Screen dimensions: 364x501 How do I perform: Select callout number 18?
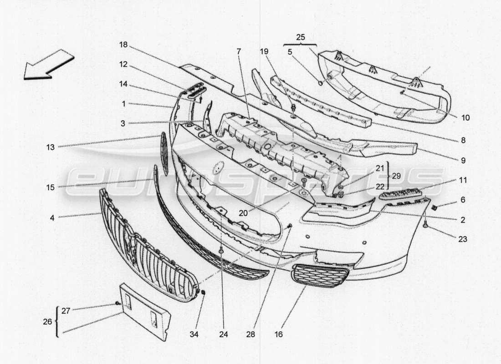(123, 45)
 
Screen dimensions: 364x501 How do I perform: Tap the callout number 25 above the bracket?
(300, 37)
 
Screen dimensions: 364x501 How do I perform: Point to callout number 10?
(465, 117)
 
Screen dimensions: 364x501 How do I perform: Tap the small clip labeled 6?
(434, 208)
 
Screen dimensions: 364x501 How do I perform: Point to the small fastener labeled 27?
(118, 303)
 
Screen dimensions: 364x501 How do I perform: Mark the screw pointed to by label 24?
(221, 250)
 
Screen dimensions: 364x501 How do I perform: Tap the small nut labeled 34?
(203, 292)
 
